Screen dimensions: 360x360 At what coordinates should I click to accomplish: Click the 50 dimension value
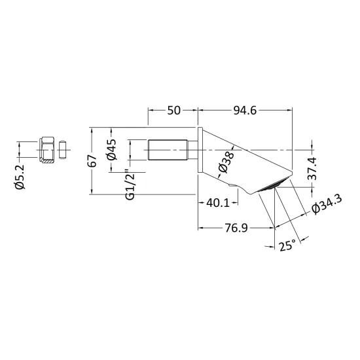coord(174,111)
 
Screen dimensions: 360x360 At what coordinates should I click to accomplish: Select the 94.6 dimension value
coord(245,111)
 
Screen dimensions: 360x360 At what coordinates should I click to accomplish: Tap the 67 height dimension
coord(92,161)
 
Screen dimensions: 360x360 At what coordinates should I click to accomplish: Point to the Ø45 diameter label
coord(112,150)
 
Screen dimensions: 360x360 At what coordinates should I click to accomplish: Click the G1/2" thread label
coord(130,185)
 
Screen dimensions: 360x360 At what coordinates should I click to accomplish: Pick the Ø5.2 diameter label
coord(20,177)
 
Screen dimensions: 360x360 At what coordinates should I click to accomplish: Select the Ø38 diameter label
coord(226,162)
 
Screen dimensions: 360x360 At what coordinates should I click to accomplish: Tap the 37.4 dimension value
coord(312,169)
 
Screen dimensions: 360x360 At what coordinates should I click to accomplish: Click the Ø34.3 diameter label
coord(327,204)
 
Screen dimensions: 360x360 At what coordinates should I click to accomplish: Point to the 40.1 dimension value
coord(218,203)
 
